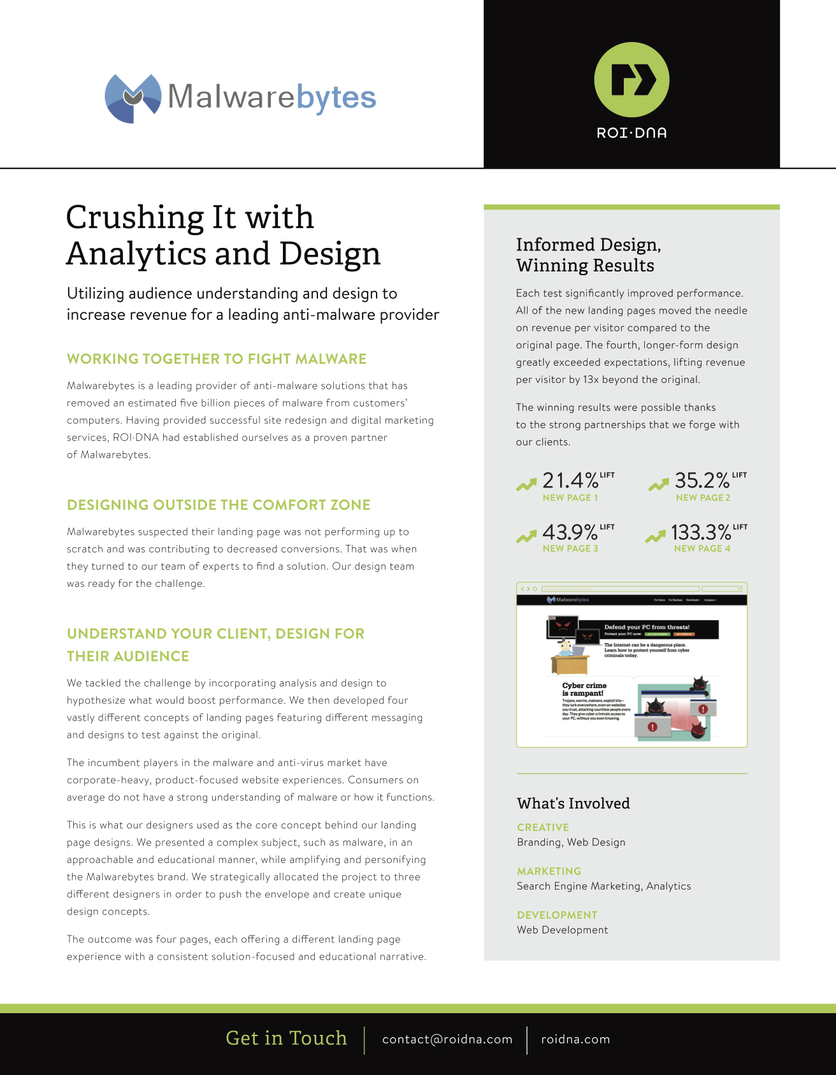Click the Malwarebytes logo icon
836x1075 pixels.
pos(133,98)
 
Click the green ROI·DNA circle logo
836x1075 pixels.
pos(631,80)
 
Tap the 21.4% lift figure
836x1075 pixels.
pos(570,480)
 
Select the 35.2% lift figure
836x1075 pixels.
pos(702,480)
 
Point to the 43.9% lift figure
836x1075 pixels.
pos(570,531)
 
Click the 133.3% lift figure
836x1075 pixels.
pos(701,531)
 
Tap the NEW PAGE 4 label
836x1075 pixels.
pos(702,549)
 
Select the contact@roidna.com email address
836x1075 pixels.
pos(447,1039)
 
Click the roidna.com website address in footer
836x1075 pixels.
pos(575,1039)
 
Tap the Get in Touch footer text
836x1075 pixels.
pos(286,1038)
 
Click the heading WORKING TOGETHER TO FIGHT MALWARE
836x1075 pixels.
pos(217,359)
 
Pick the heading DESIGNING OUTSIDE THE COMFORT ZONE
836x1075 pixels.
pos(219,505)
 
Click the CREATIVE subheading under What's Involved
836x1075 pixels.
pos(543,827)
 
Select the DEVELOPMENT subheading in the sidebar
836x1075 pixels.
pos(557,915)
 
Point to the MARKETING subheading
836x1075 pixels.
pos(549,871)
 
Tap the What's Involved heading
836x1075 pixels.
pos(573,804)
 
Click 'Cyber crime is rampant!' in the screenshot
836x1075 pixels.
pos(584,689)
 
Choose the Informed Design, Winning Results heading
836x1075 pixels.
pos(588,255)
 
